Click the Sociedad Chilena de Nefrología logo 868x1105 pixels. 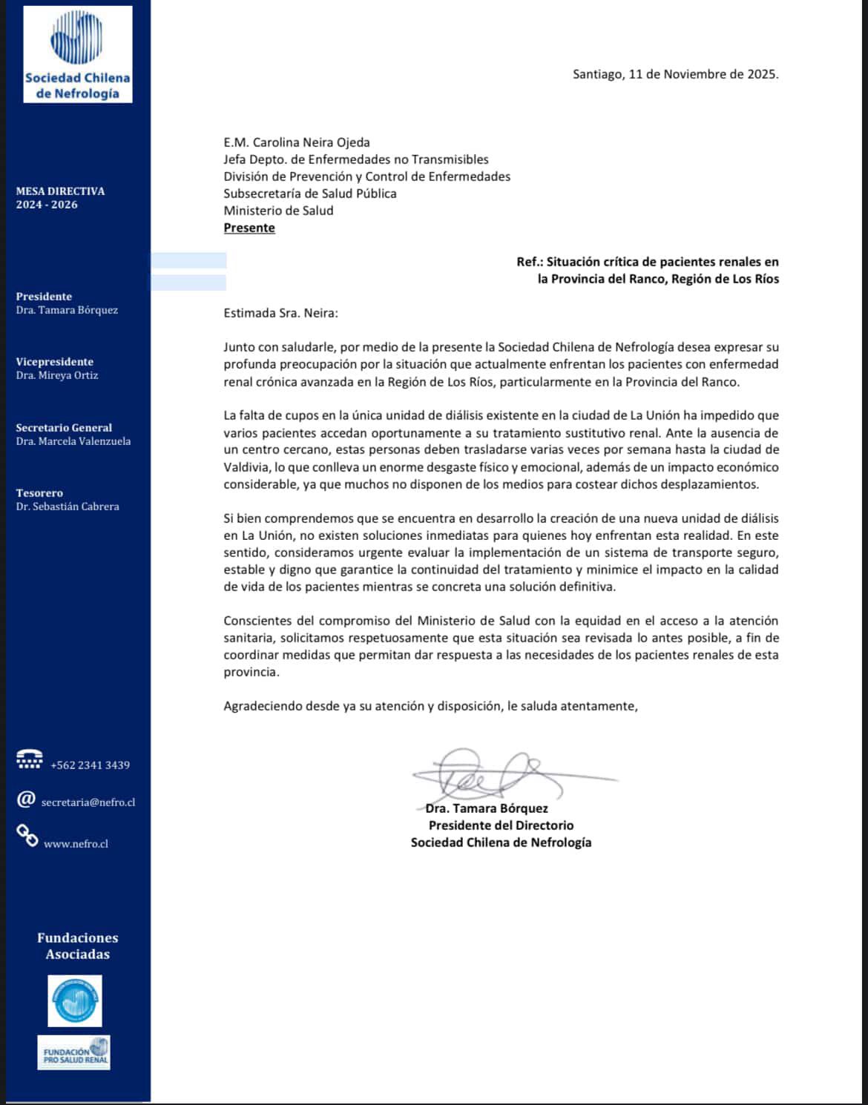point(77,54)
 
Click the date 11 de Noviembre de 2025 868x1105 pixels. point(703,74)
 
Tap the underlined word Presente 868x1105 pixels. point(249,228)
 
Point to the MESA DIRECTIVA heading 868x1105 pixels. point(60,191)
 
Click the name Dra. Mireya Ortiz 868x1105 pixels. point(57,375)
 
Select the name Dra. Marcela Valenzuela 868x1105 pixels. point(73,441)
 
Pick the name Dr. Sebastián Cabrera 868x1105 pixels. point(68,507)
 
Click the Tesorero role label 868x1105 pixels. point(39,493)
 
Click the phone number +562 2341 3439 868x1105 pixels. point(90,765)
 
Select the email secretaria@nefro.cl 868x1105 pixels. point(88,802)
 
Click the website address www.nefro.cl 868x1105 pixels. point(76,844)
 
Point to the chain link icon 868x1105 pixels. point(27,836)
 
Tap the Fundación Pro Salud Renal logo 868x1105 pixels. point(74,1052)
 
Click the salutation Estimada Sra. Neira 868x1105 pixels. point(280,313)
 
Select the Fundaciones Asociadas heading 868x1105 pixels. point(78,946)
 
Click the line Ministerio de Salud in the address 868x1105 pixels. point(278,211)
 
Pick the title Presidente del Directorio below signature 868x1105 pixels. point(501,825)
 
